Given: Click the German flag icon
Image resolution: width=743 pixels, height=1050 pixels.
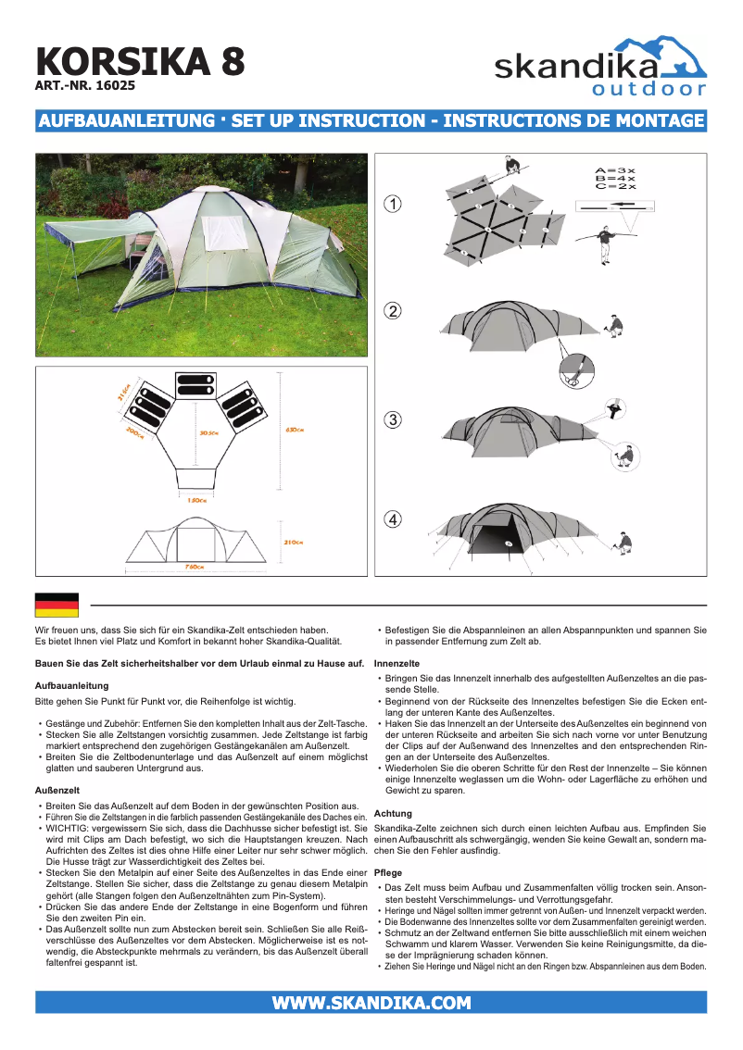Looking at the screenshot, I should [57, 605].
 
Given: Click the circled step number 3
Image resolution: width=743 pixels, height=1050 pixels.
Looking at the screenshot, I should [394, 419].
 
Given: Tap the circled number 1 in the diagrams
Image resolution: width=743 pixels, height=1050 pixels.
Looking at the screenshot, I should [394, 204].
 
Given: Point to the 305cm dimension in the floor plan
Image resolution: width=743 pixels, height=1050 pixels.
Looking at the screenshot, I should [208, 432].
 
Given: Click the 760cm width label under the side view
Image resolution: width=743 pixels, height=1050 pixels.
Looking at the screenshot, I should [195, 566].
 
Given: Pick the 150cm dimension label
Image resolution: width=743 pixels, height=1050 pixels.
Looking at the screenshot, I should [195, 500].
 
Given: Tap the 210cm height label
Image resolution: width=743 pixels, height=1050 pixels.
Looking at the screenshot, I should [295, 542].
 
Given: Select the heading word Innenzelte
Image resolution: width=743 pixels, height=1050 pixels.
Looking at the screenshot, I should [397, 663].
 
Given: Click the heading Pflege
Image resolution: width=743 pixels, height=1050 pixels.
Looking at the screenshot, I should [389, 873].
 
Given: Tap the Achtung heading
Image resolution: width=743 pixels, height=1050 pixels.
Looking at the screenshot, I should [393, 814].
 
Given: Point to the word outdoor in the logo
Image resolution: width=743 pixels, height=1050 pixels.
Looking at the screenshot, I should [649, 90].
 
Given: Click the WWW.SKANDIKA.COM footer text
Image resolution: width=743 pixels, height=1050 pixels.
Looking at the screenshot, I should [371, 1003].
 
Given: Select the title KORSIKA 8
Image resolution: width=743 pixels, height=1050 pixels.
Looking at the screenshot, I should [141, 61].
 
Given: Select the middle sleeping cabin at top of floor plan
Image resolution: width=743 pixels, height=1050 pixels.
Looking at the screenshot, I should [196, 384].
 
